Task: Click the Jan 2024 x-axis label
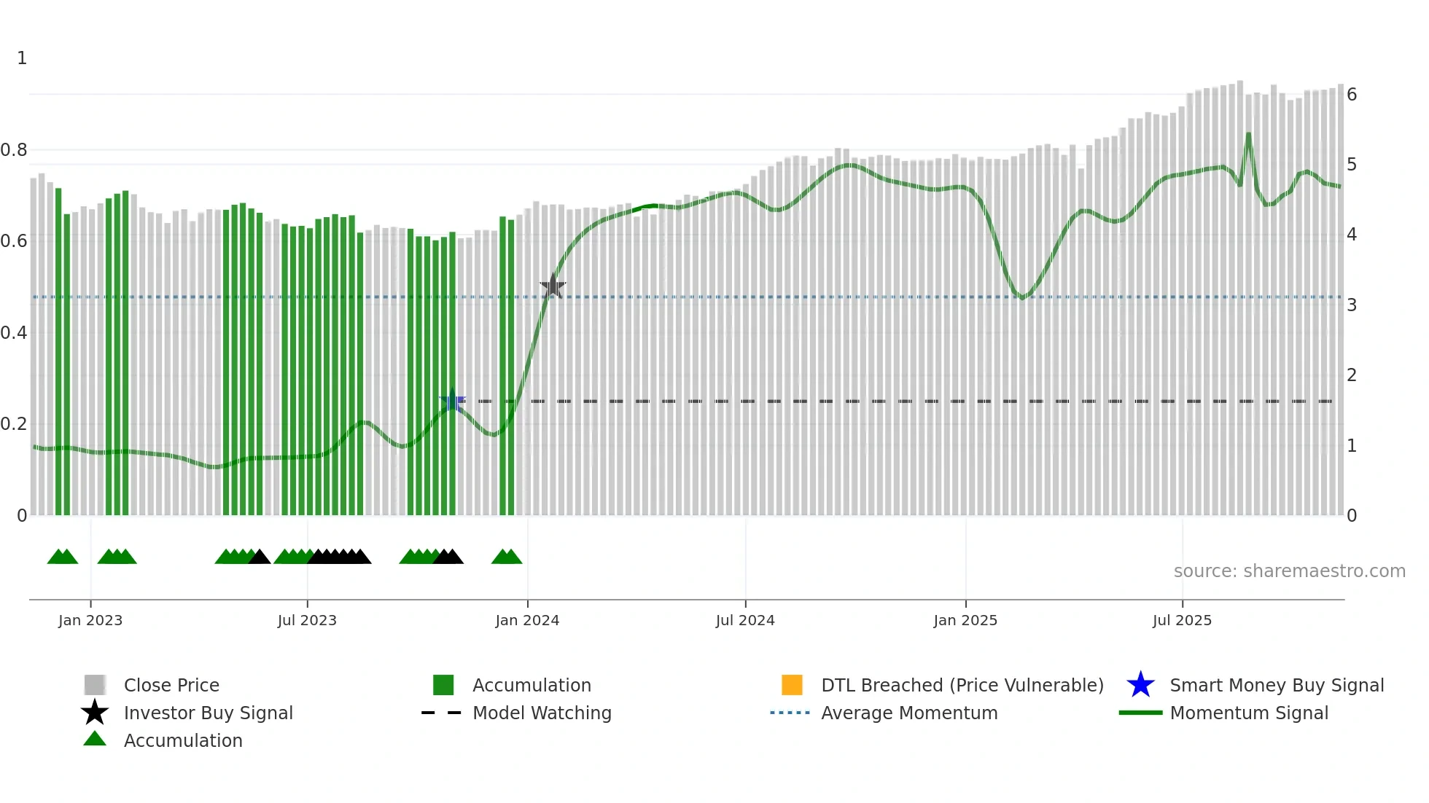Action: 527,620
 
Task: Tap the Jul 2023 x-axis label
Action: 307,620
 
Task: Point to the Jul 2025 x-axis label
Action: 1182,620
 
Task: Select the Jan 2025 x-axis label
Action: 965,620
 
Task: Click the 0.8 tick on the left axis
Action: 14,150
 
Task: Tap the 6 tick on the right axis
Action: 1352,95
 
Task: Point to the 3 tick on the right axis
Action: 1352,305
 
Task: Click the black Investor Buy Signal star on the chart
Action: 553,286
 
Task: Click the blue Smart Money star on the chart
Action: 452,401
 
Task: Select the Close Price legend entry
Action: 171,685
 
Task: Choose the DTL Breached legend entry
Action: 962,685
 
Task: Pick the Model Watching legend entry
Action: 542,713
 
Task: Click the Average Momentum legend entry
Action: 909,713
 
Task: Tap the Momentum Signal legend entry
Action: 1249,713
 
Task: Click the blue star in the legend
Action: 1140,685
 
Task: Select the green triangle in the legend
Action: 95,739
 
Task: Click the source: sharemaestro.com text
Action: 1289,571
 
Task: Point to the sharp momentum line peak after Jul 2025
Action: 1248,134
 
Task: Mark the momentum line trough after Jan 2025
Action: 1022,297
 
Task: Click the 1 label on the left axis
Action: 22,58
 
